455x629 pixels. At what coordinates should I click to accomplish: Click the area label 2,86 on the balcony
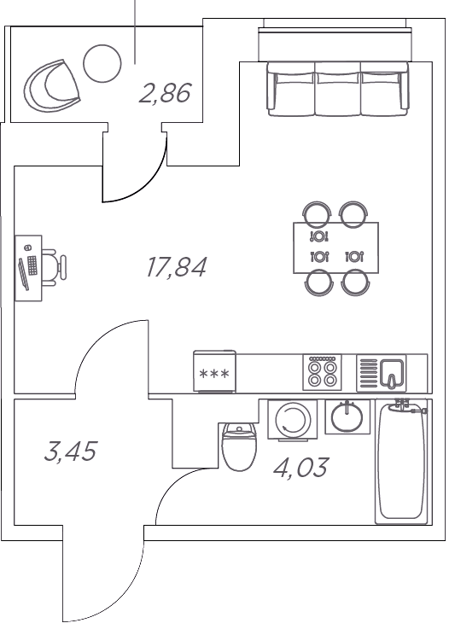click(165, 93)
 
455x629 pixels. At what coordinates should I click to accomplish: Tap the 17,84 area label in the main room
click(177, 267)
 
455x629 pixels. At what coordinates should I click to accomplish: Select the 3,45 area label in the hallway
click(71, 451)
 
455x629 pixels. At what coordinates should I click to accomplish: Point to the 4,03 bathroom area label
click(301, 468)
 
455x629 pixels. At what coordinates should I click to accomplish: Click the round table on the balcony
click(102, 63)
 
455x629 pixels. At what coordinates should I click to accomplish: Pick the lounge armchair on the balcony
click(52, 85)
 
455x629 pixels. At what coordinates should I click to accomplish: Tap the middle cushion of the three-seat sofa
click(337, 89)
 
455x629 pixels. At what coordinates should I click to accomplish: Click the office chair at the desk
click(54, 267)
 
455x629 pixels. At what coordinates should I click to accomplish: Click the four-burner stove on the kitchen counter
click(322, 372)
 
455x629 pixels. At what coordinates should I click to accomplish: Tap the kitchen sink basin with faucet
click(392, 374)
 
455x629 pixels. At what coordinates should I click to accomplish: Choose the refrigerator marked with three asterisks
click(214, 371)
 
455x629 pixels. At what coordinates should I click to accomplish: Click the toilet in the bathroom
click(239, 446)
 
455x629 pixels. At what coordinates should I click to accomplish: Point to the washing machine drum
click(293, 419)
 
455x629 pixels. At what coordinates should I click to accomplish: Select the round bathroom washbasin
click(347, 416)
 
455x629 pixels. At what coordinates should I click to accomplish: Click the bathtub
click(401, 461)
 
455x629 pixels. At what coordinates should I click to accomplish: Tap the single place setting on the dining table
click(319, 236)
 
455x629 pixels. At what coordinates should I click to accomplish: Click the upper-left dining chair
click(317, 213)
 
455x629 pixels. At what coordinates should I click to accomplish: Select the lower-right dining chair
click(355, 282)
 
